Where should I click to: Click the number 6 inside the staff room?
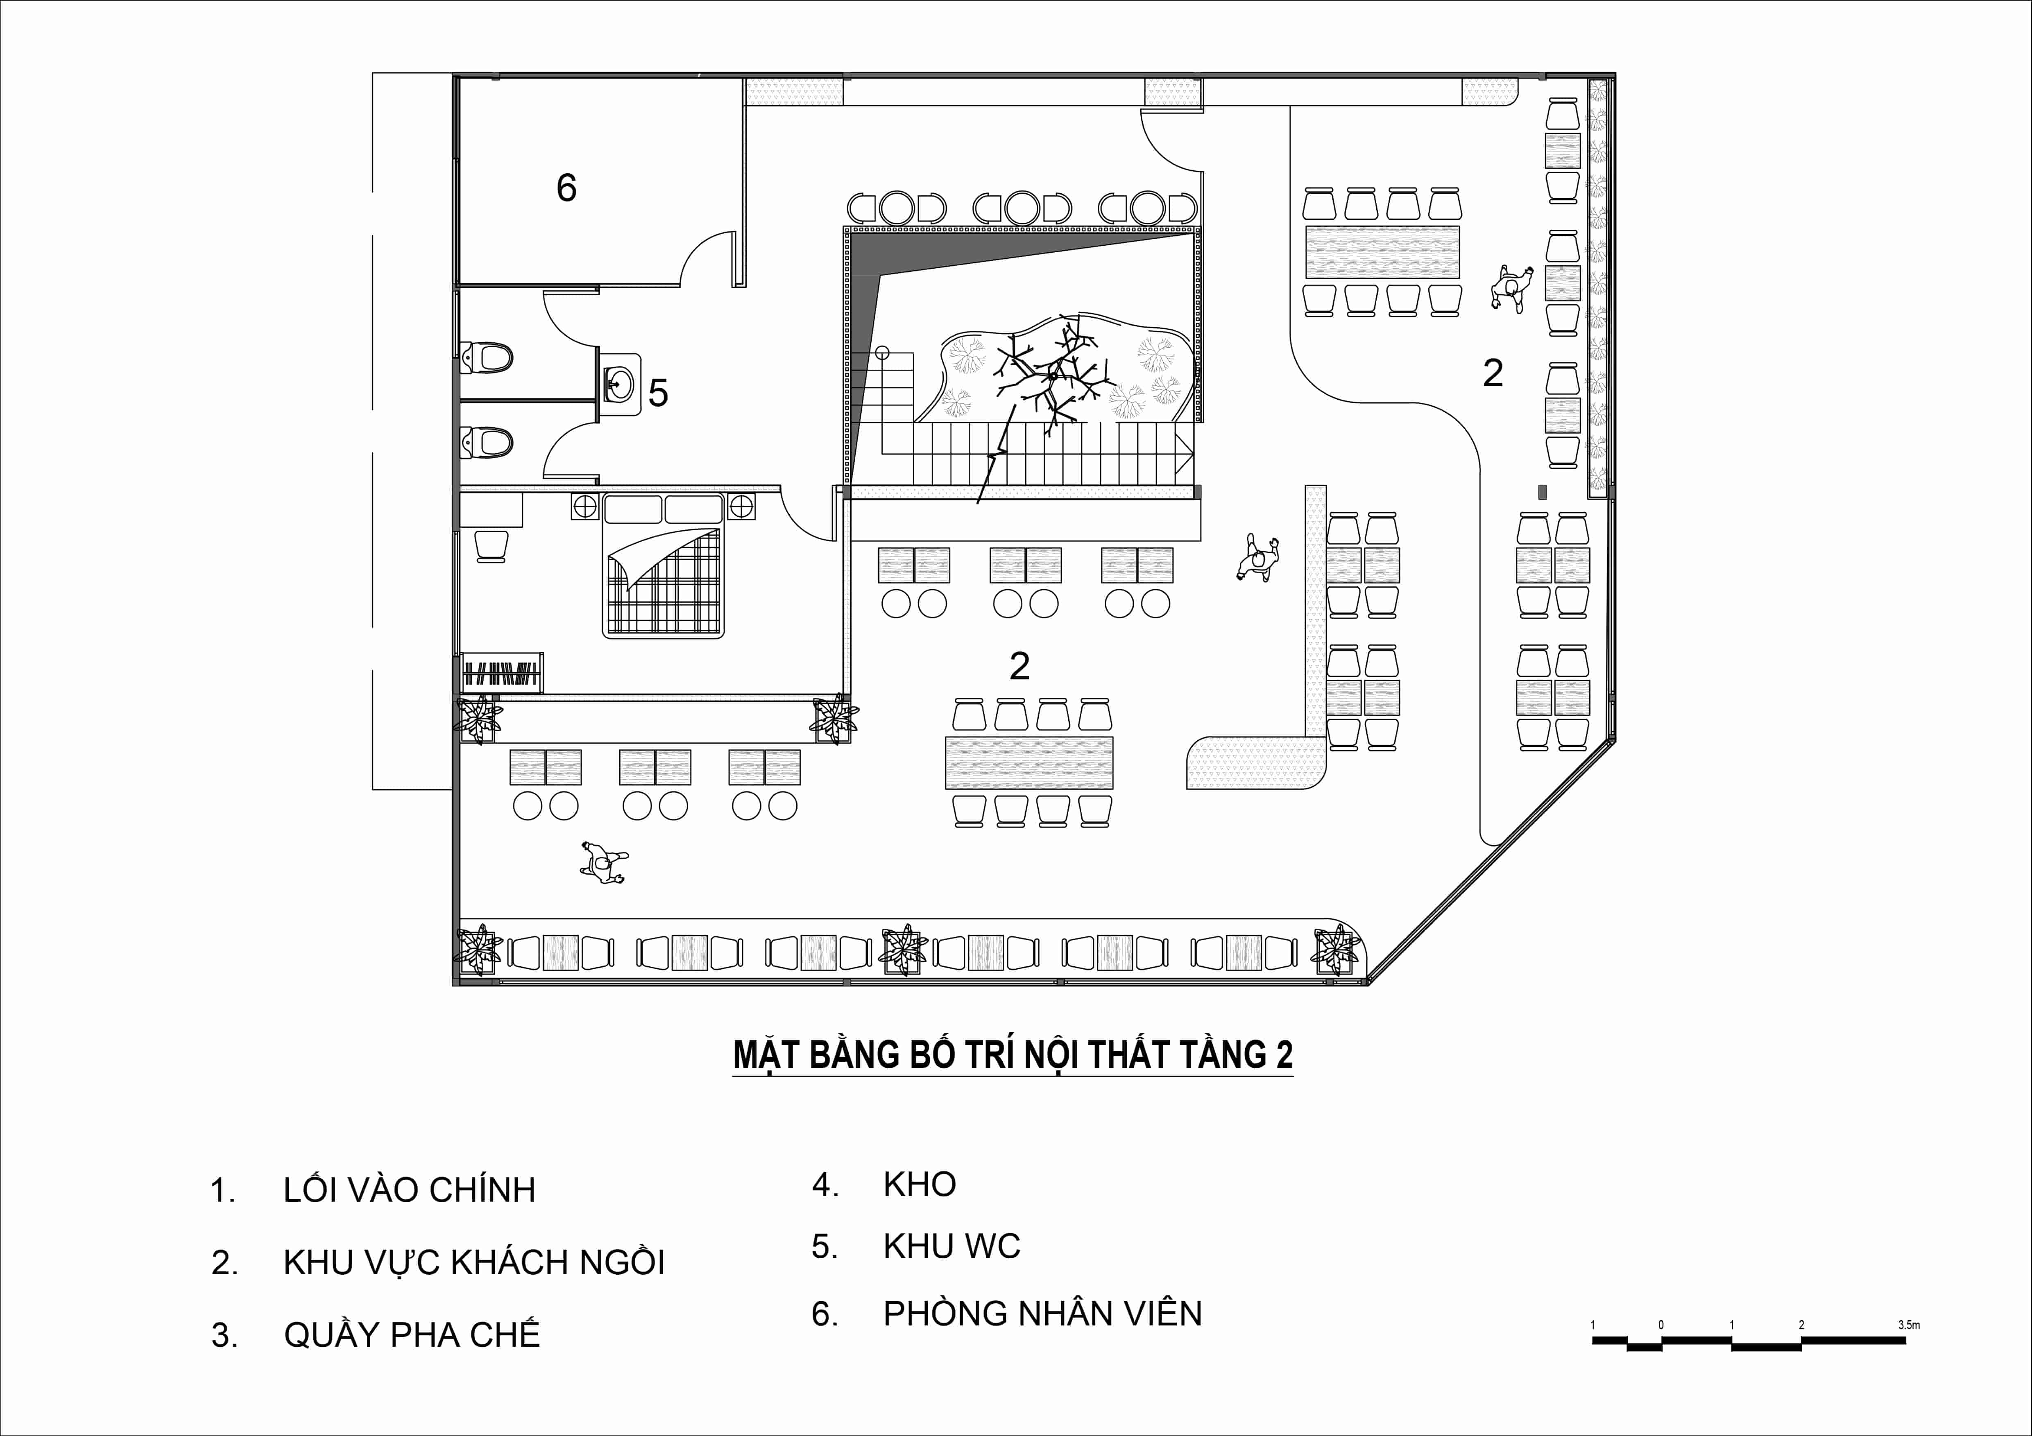coord(566,188)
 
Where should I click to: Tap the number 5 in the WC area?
coord(657,393)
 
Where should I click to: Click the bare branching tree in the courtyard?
coord(1049,376)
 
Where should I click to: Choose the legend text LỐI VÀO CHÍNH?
coord(409,1190)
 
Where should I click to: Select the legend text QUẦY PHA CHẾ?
coord(412,1333)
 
